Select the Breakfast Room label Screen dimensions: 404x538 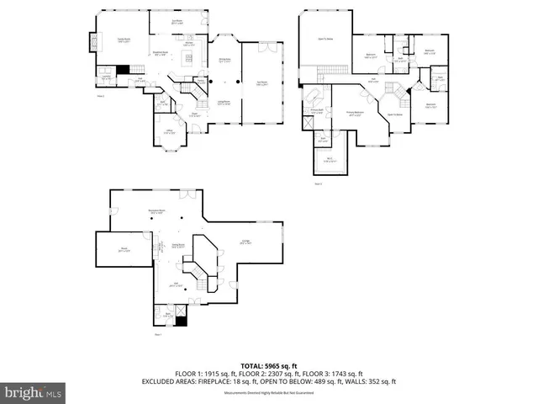tap(162, 51)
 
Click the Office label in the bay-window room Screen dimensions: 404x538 tap(169, 131)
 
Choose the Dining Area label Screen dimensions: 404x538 tap(224, 59)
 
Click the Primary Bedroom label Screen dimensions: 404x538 tap(355, 113)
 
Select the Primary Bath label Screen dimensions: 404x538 tap(317, 110)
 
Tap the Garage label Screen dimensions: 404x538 tap(245, 242)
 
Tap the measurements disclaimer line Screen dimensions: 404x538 tap(269, 391)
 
